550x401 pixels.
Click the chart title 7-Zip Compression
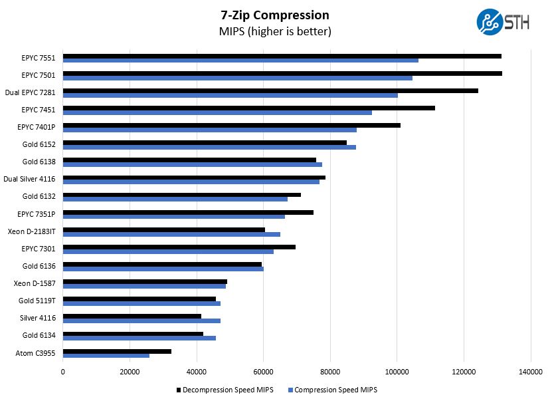point(274,15)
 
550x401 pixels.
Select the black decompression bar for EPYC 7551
point(282,57)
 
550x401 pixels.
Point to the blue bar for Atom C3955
point(106,355)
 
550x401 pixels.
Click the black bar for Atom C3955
point(117,350)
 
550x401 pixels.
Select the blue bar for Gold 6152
point(209,147)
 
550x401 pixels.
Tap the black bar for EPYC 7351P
point(188,212)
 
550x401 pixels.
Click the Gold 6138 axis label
point(39,162)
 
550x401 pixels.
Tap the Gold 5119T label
point(37,301)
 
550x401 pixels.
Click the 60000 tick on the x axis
point(263,372)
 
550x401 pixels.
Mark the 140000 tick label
point(530,372)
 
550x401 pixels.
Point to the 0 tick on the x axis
point(63,372)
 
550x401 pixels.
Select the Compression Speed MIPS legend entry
point(331,390)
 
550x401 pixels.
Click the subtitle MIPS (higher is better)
point(274,31)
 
